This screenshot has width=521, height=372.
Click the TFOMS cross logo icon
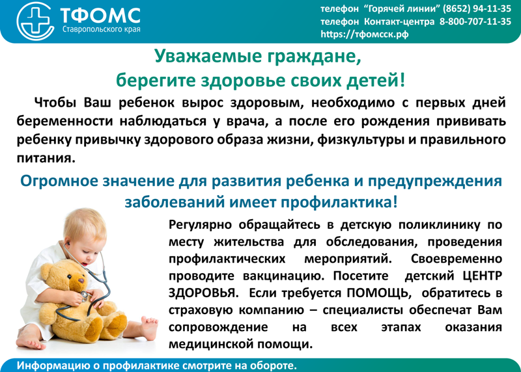coord(35,21)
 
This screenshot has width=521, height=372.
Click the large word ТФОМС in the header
coord(101,16)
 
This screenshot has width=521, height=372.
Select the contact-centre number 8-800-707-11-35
coord(475,21)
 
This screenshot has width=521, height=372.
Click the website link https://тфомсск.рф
coord(365,34)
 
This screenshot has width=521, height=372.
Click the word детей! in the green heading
coord(376,80)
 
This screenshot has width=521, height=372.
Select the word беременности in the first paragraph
coord(64,121)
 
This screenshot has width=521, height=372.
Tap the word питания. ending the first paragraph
coord(46,158)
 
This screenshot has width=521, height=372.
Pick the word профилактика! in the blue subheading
coord(339,202)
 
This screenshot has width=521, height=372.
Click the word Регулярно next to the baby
coord(200,225)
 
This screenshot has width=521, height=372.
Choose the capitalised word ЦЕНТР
coord(483,276)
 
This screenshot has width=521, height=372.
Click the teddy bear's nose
coord(81,280)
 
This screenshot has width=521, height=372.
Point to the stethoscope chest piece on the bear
coord(85,295)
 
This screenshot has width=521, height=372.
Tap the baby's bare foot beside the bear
coord(148,326)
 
